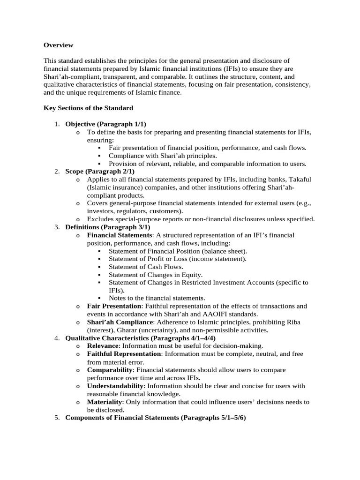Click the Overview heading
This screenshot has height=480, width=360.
pos(59,45)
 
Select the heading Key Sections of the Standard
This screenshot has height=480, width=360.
pos(88,108)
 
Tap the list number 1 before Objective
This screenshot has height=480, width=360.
pos(56,124)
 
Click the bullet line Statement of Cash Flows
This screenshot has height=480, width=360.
pos(146,267)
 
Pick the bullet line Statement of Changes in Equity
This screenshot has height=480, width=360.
pos(155,275)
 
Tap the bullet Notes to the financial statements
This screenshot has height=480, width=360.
pos(157,298)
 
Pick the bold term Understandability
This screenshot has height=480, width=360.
pos(115,386)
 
